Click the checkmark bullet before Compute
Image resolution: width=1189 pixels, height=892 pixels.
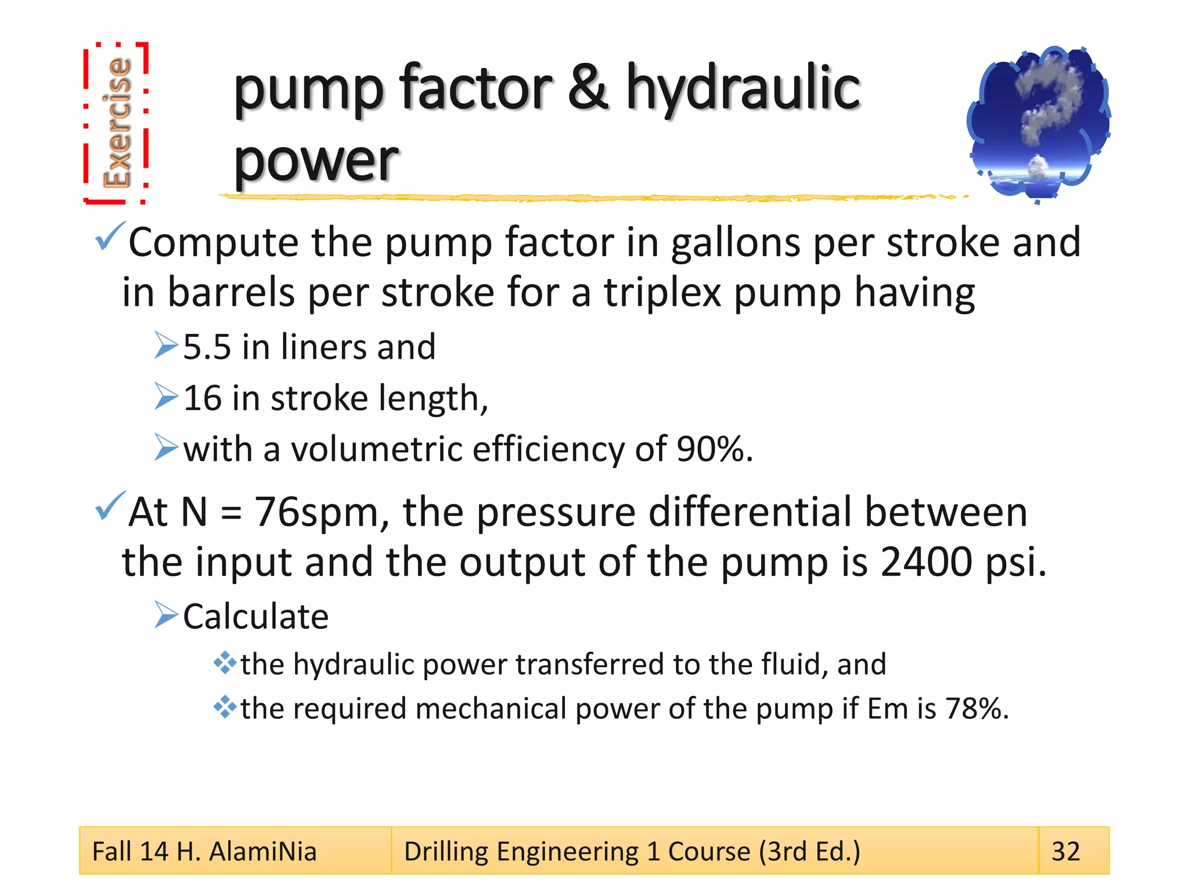click(x=109, y=236)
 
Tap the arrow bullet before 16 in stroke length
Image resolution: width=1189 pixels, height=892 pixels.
click(x=166, y=397)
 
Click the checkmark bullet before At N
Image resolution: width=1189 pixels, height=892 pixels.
click(x=109, y=506)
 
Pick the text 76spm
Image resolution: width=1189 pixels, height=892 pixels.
click(x=317, y=512)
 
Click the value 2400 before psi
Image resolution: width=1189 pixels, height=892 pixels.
click(x=925, y=562)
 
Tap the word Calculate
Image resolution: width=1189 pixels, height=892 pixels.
click(x=255, y=616)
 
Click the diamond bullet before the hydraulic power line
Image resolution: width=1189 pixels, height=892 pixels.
click(x=224, y=663)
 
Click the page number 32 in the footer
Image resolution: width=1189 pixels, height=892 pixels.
click(x=1066, y=851)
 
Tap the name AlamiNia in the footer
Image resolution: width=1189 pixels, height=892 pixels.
click(x=262, y=851)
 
